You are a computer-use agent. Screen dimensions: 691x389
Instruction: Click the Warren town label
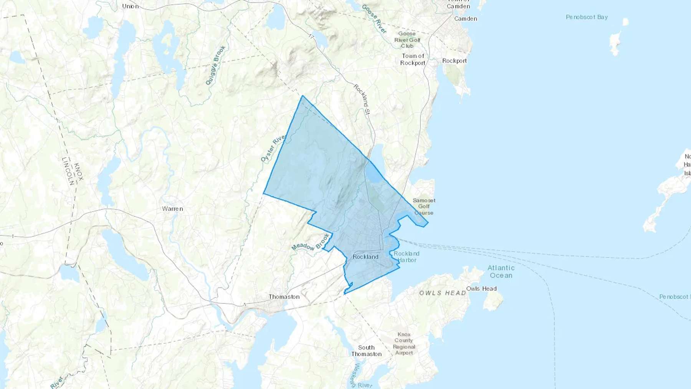tap(172, 209)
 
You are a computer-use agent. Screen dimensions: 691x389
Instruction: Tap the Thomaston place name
tap(284, 296)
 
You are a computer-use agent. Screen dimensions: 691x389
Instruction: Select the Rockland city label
tap(365, 257)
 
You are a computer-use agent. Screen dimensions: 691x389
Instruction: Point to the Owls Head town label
tap(481, 288)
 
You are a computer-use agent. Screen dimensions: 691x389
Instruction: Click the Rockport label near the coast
tap(455, 61)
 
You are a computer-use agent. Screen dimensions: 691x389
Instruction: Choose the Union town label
tap(130, 6)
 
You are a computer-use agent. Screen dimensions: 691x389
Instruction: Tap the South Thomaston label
tap(366, 351)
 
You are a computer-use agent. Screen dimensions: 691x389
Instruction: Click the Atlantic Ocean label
tap(501, 271)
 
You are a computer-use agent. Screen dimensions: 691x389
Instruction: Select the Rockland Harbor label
tap(407, 257)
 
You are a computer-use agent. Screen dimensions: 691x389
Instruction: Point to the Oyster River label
tap(273, 148)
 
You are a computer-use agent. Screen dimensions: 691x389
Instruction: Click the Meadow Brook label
tap(311, 242)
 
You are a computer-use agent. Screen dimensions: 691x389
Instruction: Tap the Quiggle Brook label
tap(215, 65)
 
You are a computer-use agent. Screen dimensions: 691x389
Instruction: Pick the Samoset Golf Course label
tap(424, 206)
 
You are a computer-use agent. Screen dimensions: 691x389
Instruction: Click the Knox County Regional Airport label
tap(404, 344)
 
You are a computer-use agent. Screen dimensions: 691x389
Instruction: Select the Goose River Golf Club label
tap(407, 40)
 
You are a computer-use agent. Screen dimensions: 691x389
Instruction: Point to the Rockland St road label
tap(362, 99)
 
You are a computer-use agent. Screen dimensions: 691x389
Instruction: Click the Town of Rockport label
tap(413, 60)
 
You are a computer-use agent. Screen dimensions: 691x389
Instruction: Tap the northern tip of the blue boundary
tap(303, 96)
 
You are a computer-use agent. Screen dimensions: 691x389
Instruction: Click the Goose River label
tap(374, 19)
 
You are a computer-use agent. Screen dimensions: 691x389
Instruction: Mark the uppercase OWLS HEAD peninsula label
tap(442, 293)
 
